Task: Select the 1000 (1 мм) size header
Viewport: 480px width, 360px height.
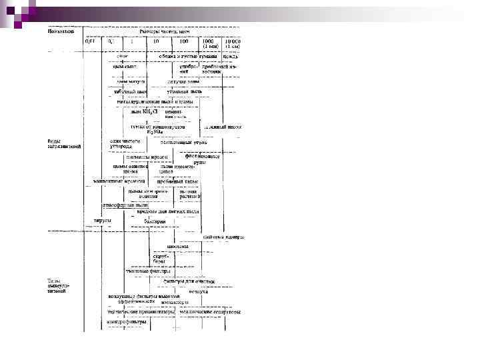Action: (208, 44)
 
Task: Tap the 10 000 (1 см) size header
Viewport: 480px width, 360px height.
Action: (231, 44)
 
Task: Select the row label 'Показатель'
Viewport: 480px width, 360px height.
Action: (61, 31)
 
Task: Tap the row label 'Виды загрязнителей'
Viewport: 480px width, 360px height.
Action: (63, 144)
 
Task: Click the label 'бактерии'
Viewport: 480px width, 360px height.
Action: (145, 221)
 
